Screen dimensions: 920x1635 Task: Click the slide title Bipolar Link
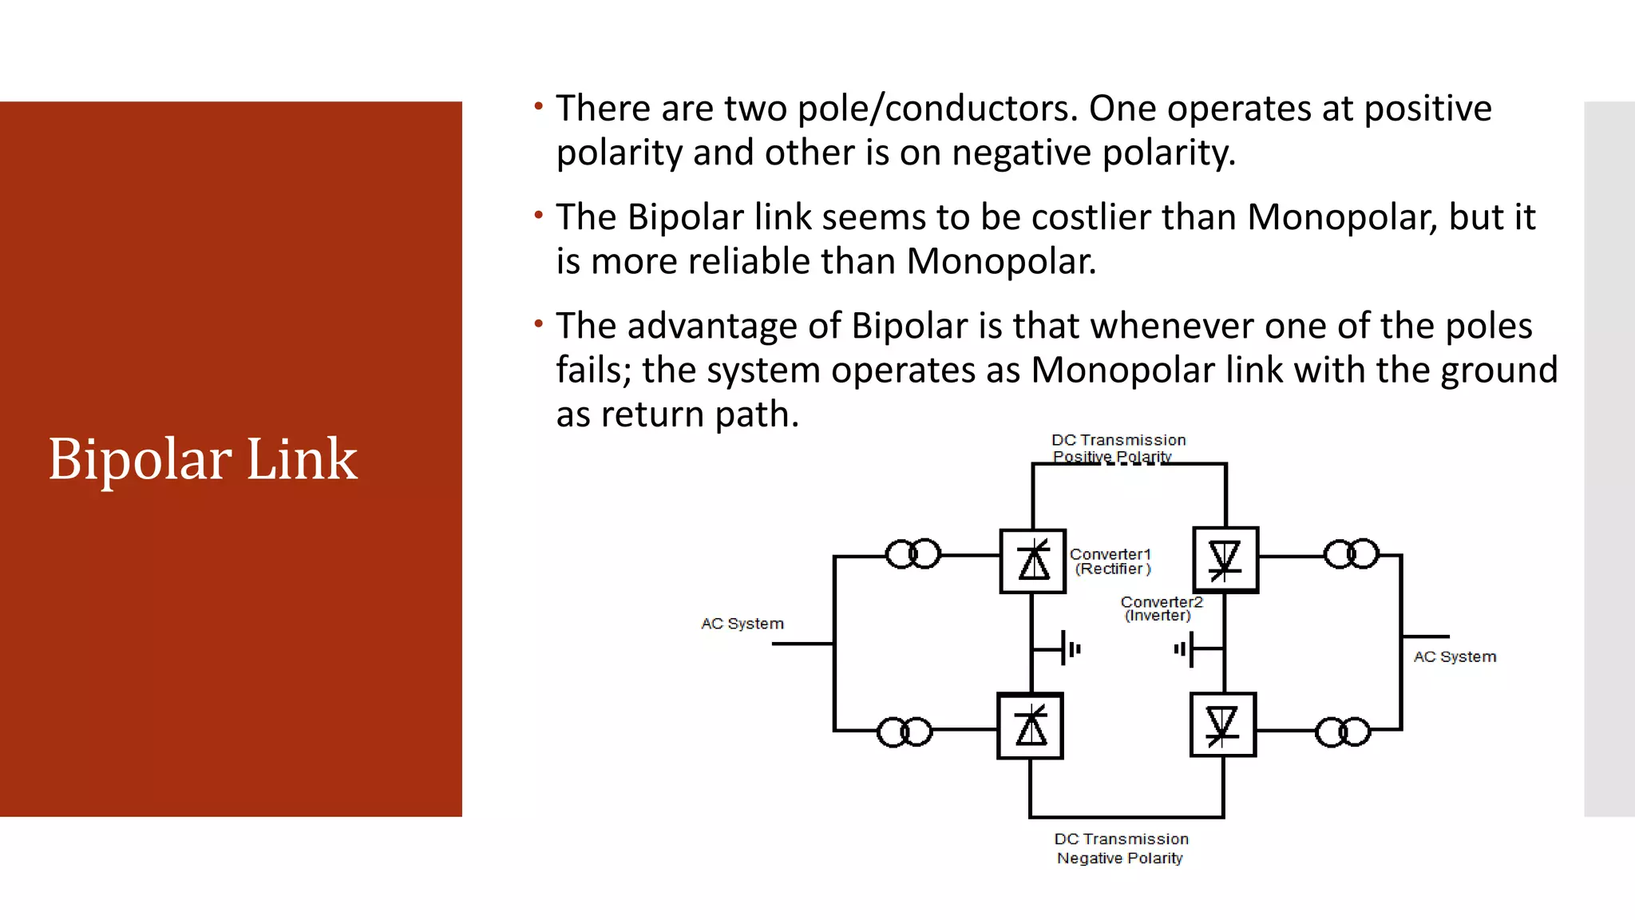click(x=203, y=459)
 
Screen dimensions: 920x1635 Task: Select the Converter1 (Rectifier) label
click(x=1110, y=561)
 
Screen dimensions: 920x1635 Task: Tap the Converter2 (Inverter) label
click(x=1161, y=609)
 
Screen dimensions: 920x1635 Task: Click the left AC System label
click(x=742, y=624)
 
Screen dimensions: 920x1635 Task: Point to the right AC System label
click(x=1455, y=656)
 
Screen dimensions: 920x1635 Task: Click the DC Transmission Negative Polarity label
click(x=1121, y=848)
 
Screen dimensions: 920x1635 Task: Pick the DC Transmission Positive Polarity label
click(x=1118, y=448)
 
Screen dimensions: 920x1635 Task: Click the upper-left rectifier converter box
click(x=1033, y=561)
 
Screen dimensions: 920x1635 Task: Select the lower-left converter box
click(x=1031, y=727)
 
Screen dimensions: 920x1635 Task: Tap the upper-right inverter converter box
click(x=1225, y=560)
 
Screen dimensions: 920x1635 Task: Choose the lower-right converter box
click(x=1222, y=725)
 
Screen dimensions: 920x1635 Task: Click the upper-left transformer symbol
click(x=913, y=554)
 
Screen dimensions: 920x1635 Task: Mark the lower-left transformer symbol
click(x=905, y=732)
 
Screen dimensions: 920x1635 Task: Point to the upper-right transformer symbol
click(x=1352, y=554)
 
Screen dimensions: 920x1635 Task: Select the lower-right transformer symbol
click(x=1343, y=732)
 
